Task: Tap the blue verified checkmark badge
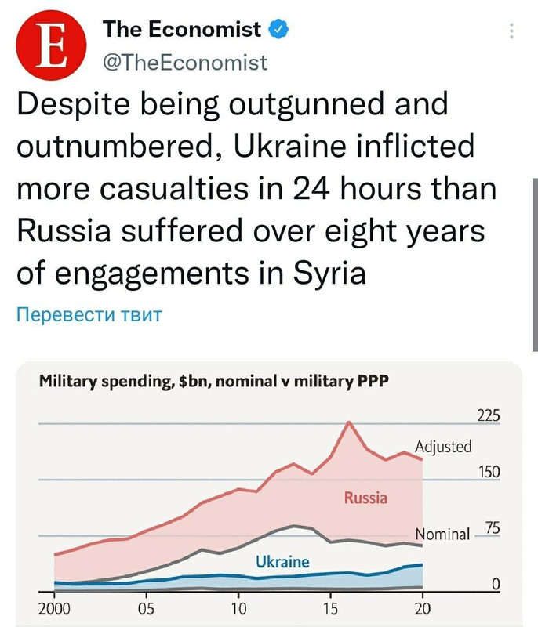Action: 278,30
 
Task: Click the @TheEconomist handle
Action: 185,62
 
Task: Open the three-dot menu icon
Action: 511,31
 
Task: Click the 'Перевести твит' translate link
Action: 89,315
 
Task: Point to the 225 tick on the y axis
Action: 487,415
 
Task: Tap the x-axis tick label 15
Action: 330,608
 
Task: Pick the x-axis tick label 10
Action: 238,608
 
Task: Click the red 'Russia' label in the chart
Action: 365,497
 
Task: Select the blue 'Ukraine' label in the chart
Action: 282,561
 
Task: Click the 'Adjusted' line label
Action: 443,447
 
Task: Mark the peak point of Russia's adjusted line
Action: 349,422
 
